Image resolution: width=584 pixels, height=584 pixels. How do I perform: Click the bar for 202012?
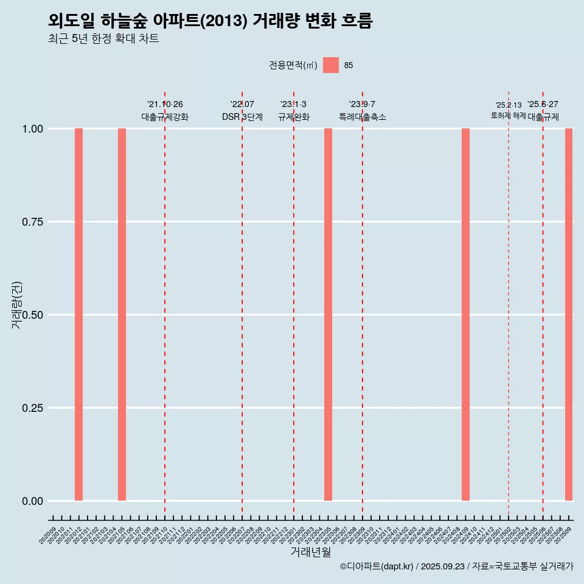(x=78, y=315)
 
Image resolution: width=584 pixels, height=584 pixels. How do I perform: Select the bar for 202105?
(x=122, y=315)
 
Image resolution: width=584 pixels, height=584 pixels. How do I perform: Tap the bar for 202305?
(x=328, y=315)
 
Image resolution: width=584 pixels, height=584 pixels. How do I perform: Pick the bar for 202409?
(x=465, y=315)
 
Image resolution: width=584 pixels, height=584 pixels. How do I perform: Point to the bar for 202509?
(x=569, y=315)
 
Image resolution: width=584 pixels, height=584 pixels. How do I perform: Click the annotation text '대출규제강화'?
(x=165, y=117)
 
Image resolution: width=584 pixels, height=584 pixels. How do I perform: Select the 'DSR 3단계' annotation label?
(x=242, y=117)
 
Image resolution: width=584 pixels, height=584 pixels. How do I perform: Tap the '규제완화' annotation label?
(x=294, y=117)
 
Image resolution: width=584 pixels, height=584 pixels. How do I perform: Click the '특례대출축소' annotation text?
(x=363, y=117)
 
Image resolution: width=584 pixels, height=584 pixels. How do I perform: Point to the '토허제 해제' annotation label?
(x=509, y=116)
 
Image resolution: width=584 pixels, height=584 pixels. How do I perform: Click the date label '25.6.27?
(x=543, y=105)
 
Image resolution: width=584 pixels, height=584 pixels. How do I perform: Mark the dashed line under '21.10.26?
(x=165, y=304)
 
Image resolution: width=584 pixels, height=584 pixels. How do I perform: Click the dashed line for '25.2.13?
(x=509, y=304)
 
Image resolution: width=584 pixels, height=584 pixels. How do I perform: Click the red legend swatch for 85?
(x=331, y=65)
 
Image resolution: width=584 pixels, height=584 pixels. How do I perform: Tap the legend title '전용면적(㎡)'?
(x=293, y=66)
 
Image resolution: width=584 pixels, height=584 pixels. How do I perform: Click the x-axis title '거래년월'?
(x=311, y=552)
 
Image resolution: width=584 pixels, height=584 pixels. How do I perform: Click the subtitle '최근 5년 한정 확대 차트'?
(x=103, y=39)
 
